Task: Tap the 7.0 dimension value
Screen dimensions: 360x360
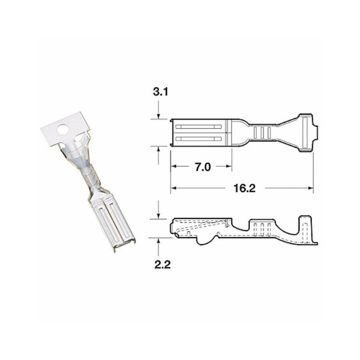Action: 203,167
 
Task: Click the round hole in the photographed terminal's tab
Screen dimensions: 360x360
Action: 64,129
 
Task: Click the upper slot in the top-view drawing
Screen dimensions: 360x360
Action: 198,127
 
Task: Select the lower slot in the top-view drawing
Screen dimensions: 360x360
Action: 198,139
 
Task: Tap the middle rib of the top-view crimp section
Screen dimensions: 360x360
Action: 262,132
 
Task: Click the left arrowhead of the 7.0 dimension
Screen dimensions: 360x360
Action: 173,167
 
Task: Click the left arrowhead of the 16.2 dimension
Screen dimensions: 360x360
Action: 173,188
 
